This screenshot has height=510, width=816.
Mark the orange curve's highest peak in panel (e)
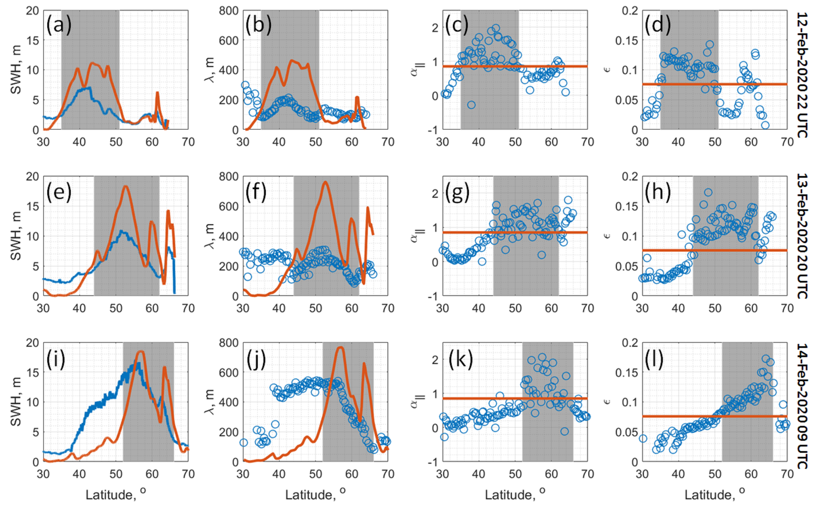coord(126,186)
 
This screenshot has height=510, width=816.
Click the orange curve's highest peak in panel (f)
coord(325,182)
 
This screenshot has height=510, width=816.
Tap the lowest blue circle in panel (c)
coord(471,105)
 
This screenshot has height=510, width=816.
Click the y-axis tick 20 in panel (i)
coord(33,343)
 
